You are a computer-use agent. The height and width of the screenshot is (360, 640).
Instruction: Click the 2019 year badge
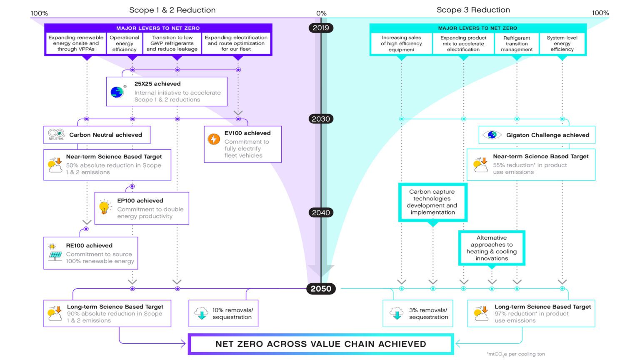321,28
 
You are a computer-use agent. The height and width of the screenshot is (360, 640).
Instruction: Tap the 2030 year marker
321,119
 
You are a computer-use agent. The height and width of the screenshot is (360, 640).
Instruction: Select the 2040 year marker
321,212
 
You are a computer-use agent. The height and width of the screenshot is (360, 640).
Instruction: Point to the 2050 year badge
321,289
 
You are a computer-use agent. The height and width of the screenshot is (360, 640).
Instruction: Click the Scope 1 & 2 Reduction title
172,10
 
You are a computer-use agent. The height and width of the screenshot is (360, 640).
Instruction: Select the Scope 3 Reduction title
473,10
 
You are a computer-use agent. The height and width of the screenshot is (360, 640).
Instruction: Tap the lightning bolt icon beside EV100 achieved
214,139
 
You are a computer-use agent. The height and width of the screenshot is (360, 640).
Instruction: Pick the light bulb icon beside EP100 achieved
105,207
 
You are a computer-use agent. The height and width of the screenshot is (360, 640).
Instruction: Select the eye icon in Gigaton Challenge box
492,135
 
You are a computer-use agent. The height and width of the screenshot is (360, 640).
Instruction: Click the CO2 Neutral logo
56,134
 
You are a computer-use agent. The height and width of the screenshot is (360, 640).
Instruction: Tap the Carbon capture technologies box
432,202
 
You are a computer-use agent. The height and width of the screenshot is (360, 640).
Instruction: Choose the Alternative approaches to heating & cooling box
492,248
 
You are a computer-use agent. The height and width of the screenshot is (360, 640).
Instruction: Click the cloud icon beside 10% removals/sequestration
202,313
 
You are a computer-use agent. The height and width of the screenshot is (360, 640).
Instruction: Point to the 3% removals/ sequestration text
428,313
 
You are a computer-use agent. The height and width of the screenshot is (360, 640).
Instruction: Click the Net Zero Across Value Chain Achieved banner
321,344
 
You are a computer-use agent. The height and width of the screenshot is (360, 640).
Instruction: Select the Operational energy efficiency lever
124,43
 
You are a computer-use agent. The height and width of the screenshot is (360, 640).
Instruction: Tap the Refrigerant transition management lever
517,43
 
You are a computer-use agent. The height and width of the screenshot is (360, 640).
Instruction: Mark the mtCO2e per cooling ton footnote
516,354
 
